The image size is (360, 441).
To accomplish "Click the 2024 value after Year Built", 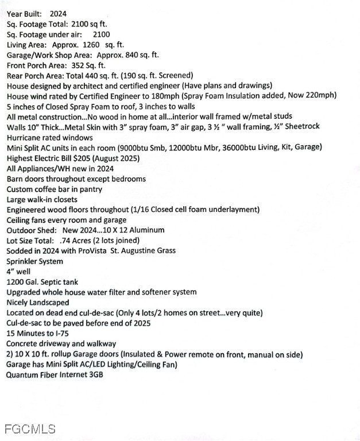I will point(58,13).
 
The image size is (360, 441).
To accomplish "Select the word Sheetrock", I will point(300,126).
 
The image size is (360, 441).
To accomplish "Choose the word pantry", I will point(89,189).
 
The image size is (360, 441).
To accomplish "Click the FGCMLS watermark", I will point(30,429).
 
